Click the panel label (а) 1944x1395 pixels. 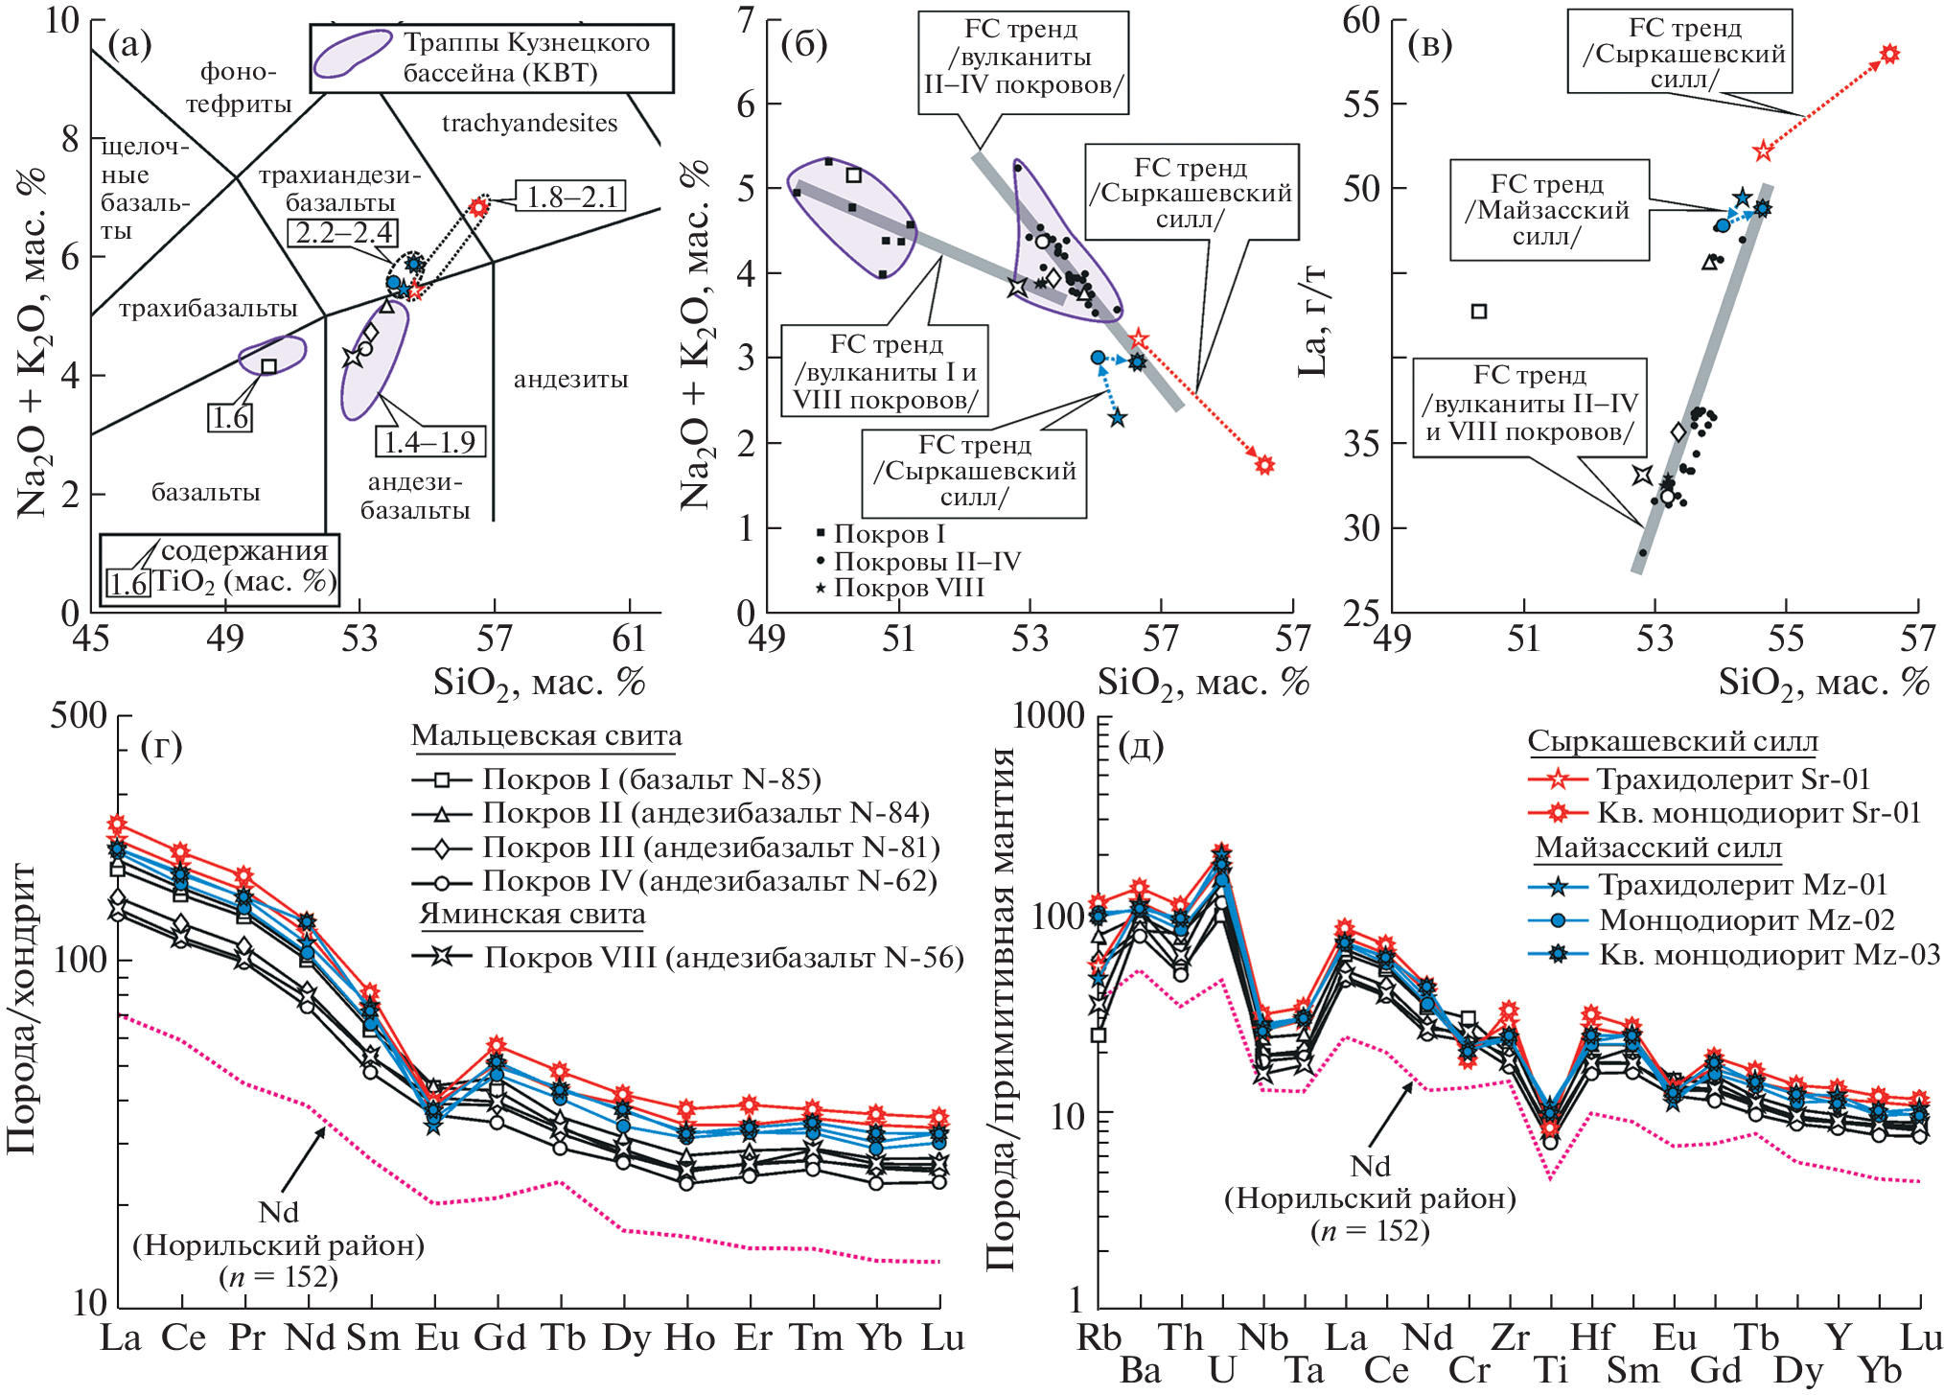click(130, 45)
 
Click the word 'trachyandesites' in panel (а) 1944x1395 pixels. click(529, 123)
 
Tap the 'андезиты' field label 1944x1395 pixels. click(570, 379)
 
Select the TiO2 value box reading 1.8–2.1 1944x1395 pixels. click(570, 197)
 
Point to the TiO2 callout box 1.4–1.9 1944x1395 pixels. click(429, 441)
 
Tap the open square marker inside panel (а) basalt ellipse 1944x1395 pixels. click(269, 366)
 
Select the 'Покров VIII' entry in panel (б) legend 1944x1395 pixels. click(899, 588)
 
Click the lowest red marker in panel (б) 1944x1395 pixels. click(1264, 465)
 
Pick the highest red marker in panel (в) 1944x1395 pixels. click(1889, 54)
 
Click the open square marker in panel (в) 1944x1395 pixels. click(1479, 311)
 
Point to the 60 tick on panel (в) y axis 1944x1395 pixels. click(1361, 20)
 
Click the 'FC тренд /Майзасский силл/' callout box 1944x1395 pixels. click(1548, 210)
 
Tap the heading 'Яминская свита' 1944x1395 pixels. click(532, 915)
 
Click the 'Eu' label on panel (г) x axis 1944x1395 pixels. click(436, 1337)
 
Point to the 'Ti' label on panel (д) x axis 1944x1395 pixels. click(1551, 1370)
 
